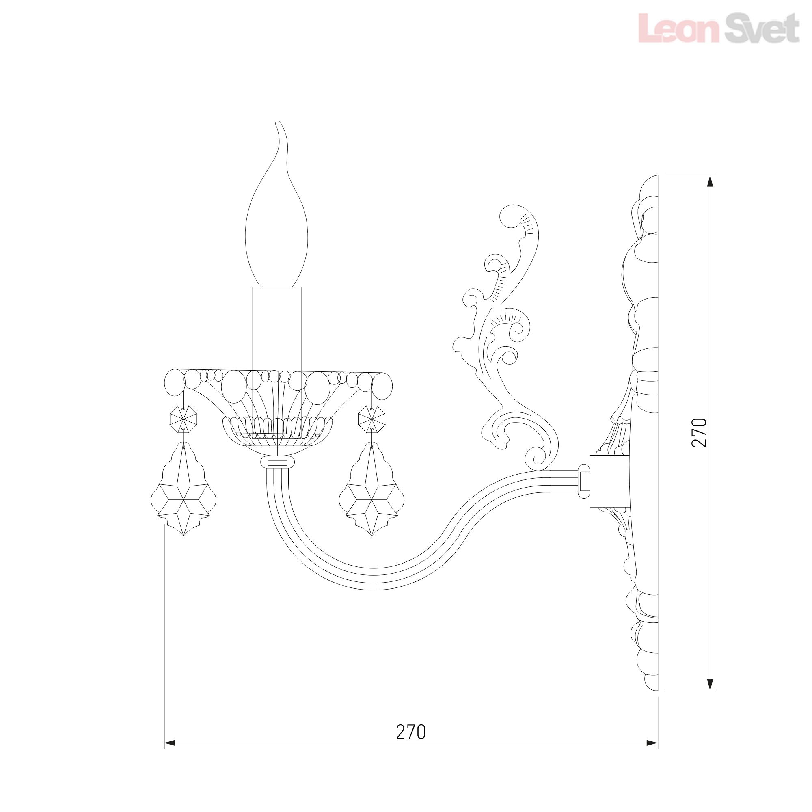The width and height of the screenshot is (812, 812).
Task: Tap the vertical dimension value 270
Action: pyautogui.click(x=700, y=432)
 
